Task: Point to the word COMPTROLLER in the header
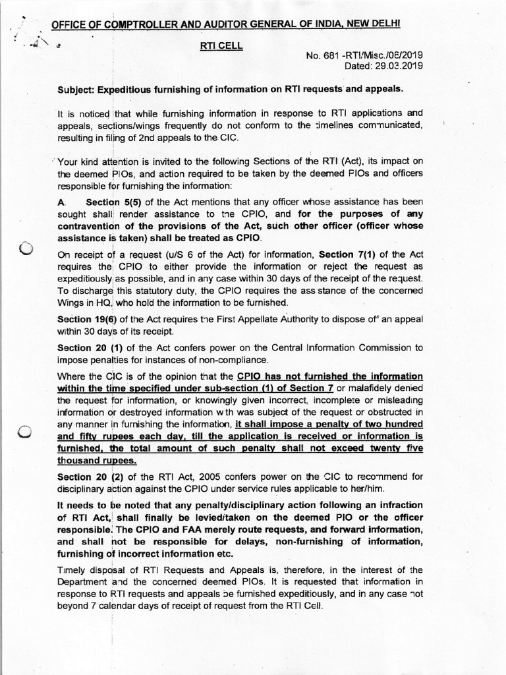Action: click(x=132, y=25)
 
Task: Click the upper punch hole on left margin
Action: click(x=26, y=249)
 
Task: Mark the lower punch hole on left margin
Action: click(x=26, y=432)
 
